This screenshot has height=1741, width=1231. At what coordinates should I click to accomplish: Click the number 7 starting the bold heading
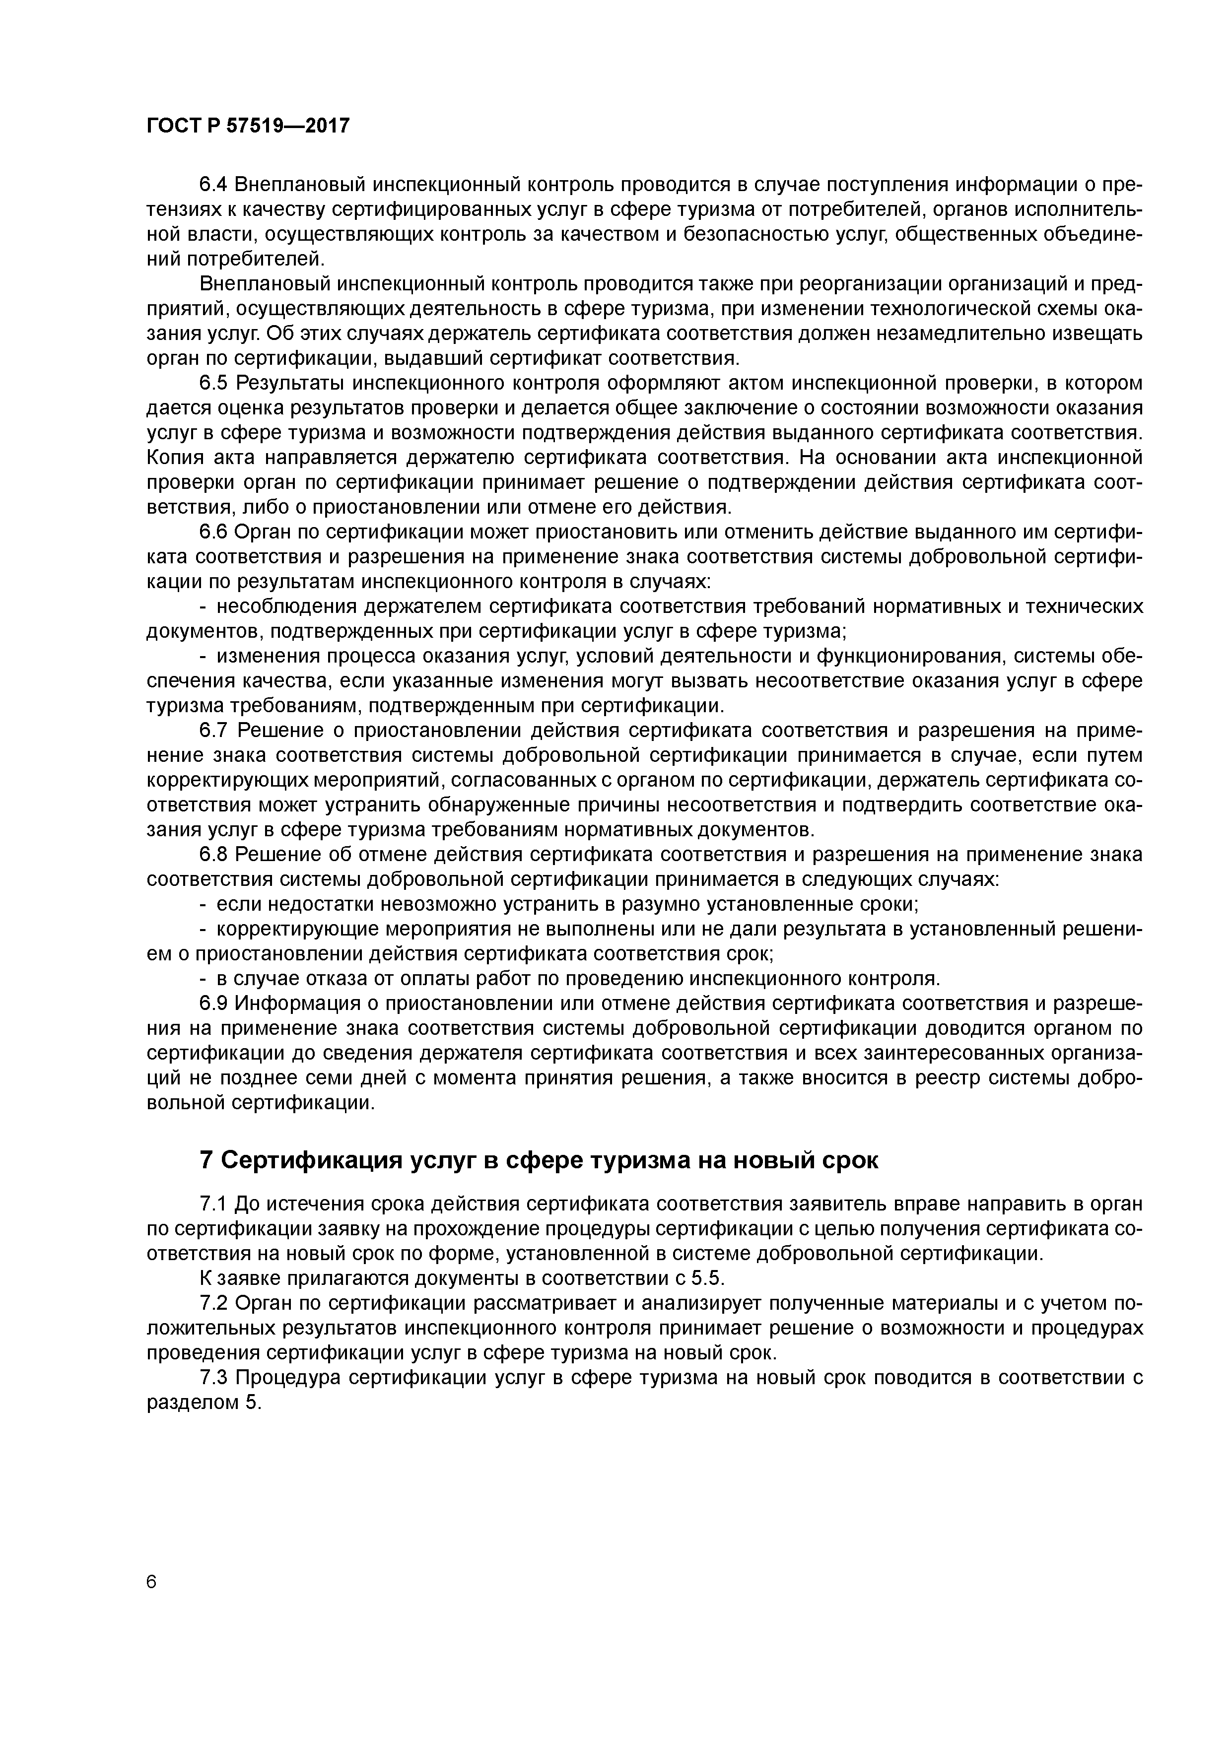(205, 1161)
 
